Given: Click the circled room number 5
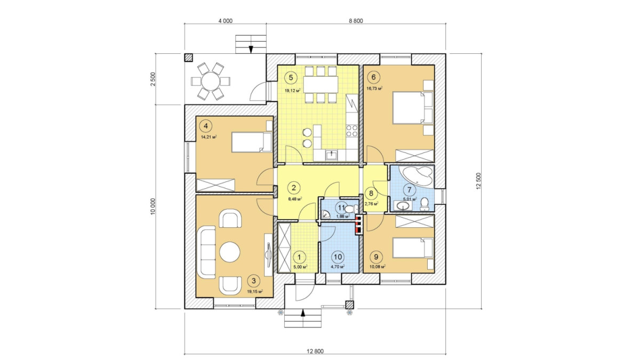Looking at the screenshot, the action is pyautogui.click(x=291, y=77).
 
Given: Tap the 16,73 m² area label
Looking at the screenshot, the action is pyautogui.click(x=374, y=89).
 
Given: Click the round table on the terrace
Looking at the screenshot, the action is pyautogui.click(x=211, y=82).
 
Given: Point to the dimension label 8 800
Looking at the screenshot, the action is pyautogui.click(x=356, y=21).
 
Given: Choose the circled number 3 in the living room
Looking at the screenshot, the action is pyautogui.click(x=254, y=281).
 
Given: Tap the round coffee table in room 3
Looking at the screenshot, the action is pyautogui.click(x=230, y=252).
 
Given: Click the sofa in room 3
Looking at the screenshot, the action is pyautogui.click(x=206, y=252).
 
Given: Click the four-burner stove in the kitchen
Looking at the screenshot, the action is pyautogui.click(x=352, y=131).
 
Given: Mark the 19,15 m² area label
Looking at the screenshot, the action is pyautogui.click(x=255, y=292).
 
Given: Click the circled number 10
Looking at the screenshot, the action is pyautogui.click(x=338, y=257).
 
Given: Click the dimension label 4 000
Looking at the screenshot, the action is pyautogui.click(x=226, y=21).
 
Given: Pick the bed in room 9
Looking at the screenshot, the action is pyautogui.click(x=413, y=248).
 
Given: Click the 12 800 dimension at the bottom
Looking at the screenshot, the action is pyautogui.click(x=315, y=351).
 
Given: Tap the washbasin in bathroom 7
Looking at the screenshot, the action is pyautogui.click(x=403, y=205).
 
